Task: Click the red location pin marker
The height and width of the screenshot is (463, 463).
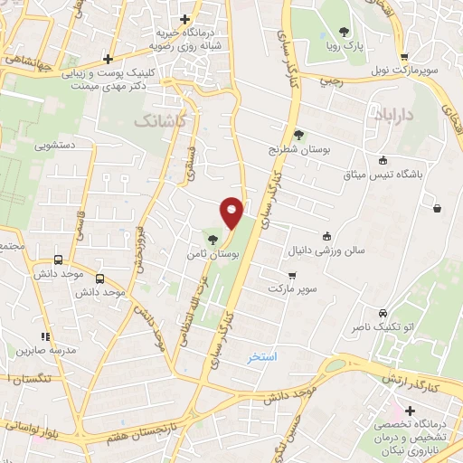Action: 231,212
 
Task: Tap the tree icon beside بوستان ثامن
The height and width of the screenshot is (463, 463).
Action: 213,240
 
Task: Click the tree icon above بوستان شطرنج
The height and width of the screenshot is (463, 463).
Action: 298,135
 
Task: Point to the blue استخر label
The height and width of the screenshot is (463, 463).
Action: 262,357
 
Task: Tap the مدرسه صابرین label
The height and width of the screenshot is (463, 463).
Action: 48,349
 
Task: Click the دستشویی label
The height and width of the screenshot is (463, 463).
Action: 55,145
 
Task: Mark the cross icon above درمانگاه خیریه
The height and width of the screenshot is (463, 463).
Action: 185,18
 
